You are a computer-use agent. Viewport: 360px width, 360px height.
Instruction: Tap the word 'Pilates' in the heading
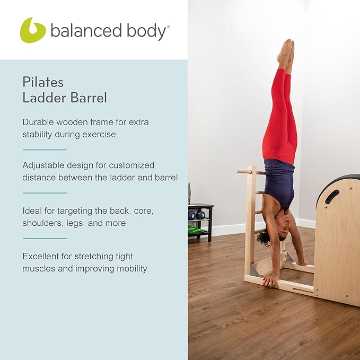click(x=43, y=82)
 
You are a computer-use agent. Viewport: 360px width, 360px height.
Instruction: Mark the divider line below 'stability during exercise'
click(x=45, y=150)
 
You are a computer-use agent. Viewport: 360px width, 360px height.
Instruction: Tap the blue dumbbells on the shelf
click(x=196, y=215)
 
